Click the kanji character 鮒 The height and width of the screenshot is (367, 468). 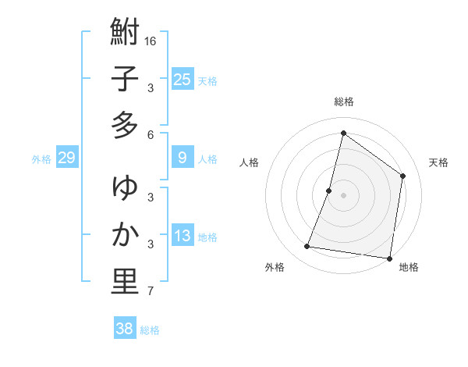tap(125, 33)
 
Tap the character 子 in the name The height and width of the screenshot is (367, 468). tap(125, 80)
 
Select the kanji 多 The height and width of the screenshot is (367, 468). tap(125, 126)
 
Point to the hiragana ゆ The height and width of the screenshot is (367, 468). tap(125, 188)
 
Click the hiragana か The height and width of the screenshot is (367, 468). tap(125, 234)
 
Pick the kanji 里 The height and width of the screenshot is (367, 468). tap(125, 282)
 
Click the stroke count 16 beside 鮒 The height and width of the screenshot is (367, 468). tap(151, 41)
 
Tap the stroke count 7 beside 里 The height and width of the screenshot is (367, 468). tap(151, 292)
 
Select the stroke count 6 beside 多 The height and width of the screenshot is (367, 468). tap(151, 135)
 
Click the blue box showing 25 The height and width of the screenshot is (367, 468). tap(182, 79)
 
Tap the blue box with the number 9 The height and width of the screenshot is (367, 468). tap(182, 158)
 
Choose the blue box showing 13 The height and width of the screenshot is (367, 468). tap(182, 236)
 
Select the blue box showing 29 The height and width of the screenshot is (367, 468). tap(66, 158)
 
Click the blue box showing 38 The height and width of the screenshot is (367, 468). tap(124, 329)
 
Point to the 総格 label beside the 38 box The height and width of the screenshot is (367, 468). tap(150, 330)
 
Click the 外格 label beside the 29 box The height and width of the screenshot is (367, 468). tap(41, 159)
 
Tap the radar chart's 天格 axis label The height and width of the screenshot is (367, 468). tap(439, 162)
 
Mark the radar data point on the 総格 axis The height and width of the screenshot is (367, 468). tap(343, 133)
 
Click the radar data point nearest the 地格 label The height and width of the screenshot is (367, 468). tap(389, 258)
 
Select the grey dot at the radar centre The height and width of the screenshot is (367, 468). tap(343, 195)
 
